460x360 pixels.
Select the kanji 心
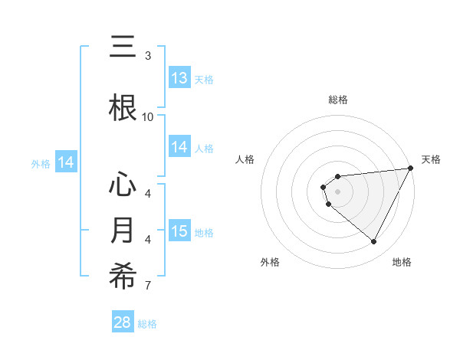(x=123, y=185)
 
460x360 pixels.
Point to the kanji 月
(x=123, y=231)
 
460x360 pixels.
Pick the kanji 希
(x=123, y=277)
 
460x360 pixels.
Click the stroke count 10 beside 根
(x=148, y=116)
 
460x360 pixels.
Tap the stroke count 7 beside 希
(x=148, y=286)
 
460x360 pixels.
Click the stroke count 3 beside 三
(x=148, y=55)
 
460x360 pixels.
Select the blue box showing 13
(x=179, y=78)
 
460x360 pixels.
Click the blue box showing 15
(x=179, y=231)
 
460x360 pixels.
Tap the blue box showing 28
(x=123, y=322)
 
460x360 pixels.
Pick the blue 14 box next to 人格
(x=179, y=147)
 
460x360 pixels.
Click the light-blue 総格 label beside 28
(x=148, y=324)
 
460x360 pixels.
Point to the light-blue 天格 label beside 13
(x=204, y=79)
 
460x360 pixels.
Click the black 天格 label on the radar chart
(x=431, y=159)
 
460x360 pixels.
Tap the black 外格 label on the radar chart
(x=269, y=262)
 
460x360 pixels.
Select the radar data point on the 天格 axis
(x=412, y=169)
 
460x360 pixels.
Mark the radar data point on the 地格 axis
(x=374, y=242)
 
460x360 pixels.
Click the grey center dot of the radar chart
(x=337, y=191)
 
